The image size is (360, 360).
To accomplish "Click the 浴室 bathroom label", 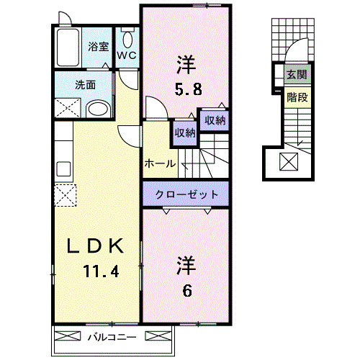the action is (98, 47).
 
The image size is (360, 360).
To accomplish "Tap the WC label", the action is (127, 55).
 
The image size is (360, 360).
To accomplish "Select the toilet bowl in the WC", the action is (127, 40).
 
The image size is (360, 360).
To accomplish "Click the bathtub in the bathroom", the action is (68, 48).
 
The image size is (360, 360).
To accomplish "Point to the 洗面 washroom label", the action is (86, 85).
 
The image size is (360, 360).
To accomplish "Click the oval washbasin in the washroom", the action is (98, 109).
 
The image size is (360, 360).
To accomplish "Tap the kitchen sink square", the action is (63, 169).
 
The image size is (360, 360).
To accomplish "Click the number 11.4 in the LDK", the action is (101, 271).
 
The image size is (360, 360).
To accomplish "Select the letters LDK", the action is (95, 246).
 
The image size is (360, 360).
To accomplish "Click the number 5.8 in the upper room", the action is (188, 89).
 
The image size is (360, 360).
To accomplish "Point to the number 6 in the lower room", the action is (187, 291).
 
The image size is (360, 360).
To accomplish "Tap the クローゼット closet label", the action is (186, 194).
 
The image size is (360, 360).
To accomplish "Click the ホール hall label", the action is (160, 164).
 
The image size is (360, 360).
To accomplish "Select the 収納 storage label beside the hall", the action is (185, 132).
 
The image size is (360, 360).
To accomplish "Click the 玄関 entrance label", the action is (297, 74).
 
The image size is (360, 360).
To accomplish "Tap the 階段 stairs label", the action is (297, 97).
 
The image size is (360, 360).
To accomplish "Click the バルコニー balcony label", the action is (112, 337).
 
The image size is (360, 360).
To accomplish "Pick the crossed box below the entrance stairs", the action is (289, 162).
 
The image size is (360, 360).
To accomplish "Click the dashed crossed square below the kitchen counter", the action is (66, 195).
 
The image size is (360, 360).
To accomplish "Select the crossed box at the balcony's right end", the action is (158, 336).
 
